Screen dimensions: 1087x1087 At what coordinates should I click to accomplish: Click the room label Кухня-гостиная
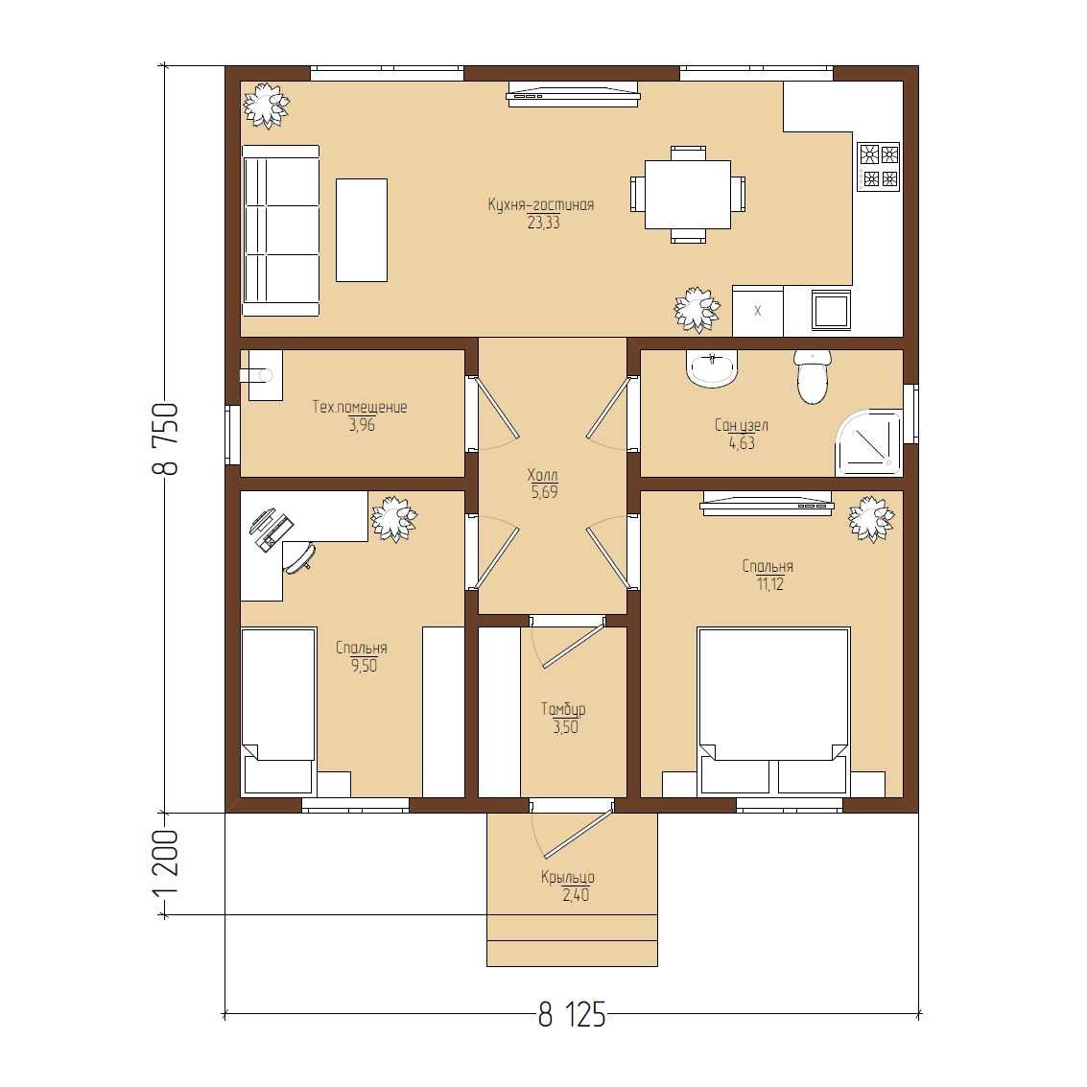tap(541, 204)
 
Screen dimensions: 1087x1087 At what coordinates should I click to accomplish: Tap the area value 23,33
tap(543, 223)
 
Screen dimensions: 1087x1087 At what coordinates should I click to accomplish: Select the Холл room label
tap(542, 475)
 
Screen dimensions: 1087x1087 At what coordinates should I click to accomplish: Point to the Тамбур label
tap(563, 709)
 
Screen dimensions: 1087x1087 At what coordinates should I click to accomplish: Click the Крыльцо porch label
tap(568, 877)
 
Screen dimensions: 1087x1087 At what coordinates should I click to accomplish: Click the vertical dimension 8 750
tap(165, 438)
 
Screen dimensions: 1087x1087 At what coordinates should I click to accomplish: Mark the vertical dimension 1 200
tap(165, 863)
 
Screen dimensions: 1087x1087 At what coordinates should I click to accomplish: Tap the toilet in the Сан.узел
tap(813, 376)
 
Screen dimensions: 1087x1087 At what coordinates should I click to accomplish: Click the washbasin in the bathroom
tap(712, 368)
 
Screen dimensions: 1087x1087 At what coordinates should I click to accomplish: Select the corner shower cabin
tap(869, 442)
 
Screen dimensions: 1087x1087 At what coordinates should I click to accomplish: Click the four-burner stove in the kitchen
tap(879, 166)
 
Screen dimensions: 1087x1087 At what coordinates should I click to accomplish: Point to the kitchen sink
tap(832, 311)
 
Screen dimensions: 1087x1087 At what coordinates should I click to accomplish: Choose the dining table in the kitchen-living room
tap(688, 194)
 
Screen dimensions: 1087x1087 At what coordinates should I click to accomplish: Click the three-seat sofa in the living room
tap(281, 230)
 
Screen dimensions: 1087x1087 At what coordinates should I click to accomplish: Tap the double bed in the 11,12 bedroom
tap(773, 711)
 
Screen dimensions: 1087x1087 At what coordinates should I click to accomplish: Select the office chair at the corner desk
tap(299, 557)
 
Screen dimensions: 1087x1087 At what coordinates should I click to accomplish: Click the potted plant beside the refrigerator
tap(696, 309)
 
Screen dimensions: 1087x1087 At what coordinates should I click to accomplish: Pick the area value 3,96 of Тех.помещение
tap(362, 425)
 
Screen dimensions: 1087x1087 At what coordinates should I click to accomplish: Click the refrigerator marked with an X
tap(758, 311)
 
